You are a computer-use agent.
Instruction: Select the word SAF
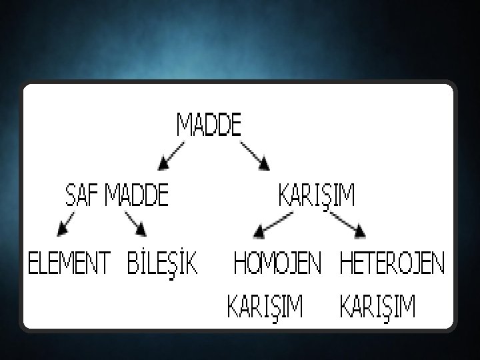(81, 196)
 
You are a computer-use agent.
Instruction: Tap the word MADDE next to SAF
(137, 196)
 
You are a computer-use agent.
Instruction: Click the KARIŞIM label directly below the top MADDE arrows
(316, 196)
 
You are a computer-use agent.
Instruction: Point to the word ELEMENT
(67, 264)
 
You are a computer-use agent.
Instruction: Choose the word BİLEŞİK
(163, 264)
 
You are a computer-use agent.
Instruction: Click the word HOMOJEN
(277, 264)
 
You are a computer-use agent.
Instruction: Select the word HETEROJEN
(392, 264)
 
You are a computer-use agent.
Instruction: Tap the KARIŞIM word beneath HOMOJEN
(265, 307)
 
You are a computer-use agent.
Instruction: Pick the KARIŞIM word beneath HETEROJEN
(377, 307)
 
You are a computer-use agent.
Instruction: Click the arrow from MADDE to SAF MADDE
(171, 154)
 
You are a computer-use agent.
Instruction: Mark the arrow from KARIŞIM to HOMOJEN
(273, 223)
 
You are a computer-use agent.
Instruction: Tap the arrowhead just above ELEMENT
(62, 229)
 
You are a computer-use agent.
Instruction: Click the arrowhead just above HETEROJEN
(360, 231)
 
